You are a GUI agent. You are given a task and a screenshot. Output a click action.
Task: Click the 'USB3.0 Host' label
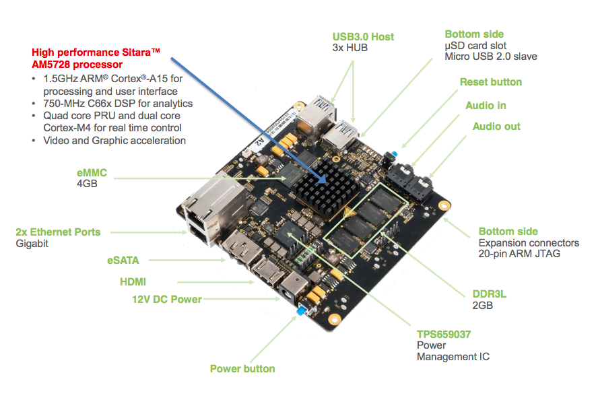363,36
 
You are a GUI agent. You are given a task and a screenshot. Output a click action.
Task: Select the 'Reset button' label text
490,82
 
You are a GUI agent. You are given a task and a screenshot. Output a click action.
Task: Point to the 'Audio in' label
486,106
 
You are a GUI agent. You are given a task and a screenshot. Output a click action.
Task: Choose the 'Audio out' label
496,127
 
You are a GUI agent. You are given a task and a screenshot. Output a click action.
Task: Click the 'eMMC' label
92,173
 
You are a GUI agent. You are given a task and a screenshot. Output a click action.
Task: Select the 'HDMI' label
133,282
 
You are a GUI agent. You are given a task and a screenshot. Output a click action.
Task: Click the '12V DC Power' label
166,299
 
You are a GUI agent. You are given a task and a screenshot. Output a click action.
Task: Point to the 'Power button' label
242,368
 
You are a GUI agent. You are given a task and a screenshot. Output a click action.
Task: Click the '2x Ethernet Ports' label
58,232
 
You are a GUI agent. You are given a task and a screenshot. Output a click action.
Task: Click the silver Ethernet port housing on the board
202,204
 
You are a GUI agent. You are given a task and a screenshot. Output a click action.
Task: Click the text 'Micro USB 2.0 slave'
491,57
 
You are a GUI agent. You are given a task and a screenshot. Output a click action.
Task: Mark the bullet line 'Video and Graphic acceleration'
114,140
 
